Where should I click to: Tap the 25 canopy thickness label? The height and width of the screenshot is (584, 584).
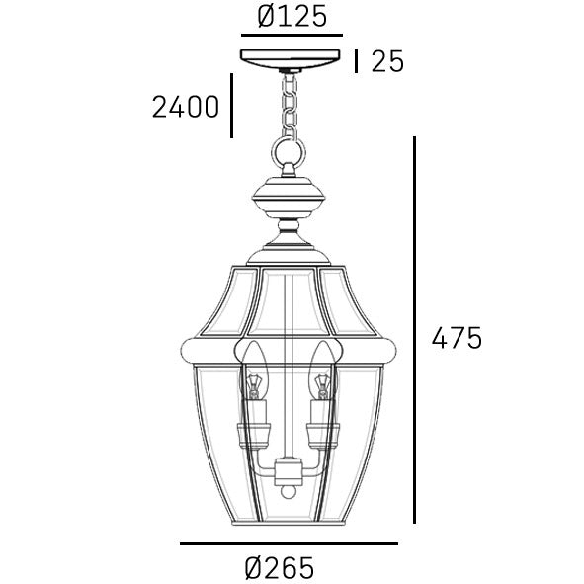[x=387, y=61]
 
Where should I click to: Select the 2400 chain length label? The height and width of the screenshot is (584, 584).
[x=186, y=105]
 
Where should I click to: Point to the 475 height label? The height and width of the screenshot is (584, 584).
[x=457, y=338]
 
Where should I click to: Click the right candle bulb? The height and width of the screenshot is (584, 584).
[x=321, y=369]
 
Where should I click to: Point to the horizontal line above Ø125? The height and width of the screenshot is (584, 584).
[x=292, y=34]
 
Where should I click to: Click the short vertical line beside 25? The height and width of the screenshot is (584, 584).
[x=356, y=61]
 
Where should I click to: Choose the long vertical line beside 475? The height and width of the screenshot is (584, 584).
[x=414, y=330]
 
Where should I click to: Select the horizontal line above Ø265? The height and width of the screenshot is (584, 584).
[x=289, y=544]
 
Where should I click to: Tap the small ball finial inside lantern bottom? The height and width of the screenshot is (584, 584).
[x=288, y=489]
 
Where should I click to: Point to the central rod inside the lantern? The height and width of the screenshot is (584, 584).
[x=288, y=326]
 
